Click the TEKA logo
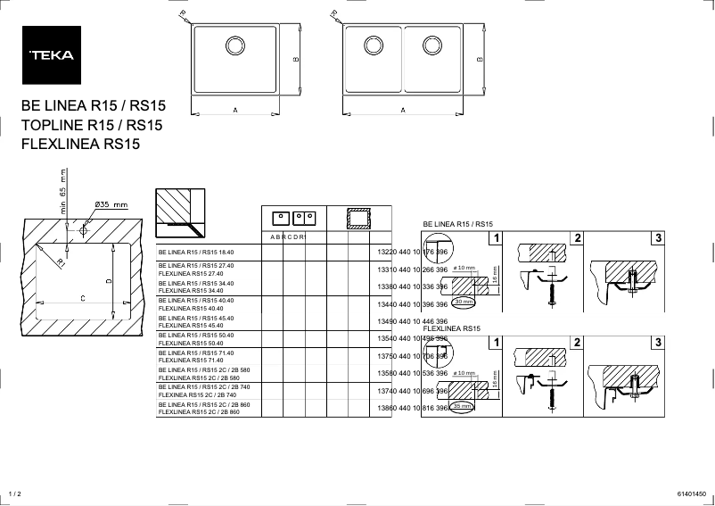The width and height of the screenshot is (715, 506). pyautogui.click(x=52, y=54)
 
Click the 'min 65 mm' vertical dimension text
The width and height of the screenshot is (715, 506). pyautogui.click(x=63, y=189)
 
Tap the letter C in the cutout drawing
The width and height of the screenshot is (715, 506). pyautogui.click(x=83, y=298)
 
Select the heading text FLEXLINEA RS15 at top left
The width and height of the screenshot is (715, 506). pyautogui.click(x=80, y=144)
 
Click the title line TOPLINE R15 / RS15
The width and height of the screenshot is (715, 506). pyautogui.click(x=91, y=125)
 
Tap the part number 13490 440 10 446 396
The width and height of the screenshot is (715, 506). pyautogui.click(x=413, y=321)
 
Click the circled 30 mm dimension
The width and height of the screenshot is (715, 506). pyautogui.click(x=464, y=303)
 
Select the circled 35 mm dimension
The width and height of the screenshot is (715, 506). pyautogui.click(x=462, y=406)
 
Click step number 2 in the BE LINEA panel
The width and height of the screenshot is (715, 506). pyautogui.click(x=578, y=237)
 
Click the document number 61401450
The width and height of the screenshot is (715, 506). pyautogui.click(x=691, y=494)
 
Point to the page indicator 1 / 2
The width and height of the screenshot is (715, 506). pyautogui.click(x=13, y=494)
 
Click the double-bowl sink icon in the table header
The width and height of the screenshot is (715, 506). pyautogui.click(x=304, y=217)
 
